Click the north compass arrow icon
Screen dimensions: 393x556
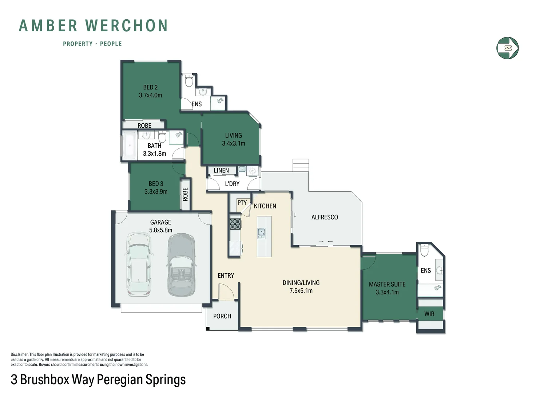pyautogui.click(x=507, y=48)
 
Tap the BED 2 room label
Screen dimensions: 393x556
pyautogui.click(x=150, y=87)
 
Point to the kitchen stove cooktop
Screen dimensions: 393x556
pyautogui.click(x=235, y=224)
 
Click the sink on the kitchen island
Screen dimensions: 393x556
pyautogui.click(x=261, y=233)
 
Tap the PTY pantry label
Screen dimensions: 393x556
pyautogui.click(x=242, y=203)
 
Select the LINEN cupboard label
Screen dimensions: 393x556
pyautogui.click(x=221, y=170)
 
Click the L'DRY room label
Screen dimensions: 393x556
pyautogui.click(x=232, y=184)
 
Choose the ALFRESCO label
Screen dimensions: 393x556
pyautogui.click(x=325, y=217)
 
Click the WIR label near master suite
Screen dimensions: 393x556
pyautogui.click(x=429, y=314)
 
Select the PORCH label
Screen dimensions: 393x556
pyautogui.click(x=222, y=316)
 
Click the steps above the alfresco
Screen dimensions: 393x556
pyautogui.click(x=301, y=165)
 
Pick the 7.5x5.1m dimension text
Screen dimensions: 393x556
pyautogui.click(x=301, y=291)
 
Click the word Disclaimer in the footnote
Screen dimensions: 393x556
pyautogui.click(x=19, y=354)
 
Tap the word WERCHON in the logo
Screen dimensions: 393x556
pyautogui.click(x=126, y=26)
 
